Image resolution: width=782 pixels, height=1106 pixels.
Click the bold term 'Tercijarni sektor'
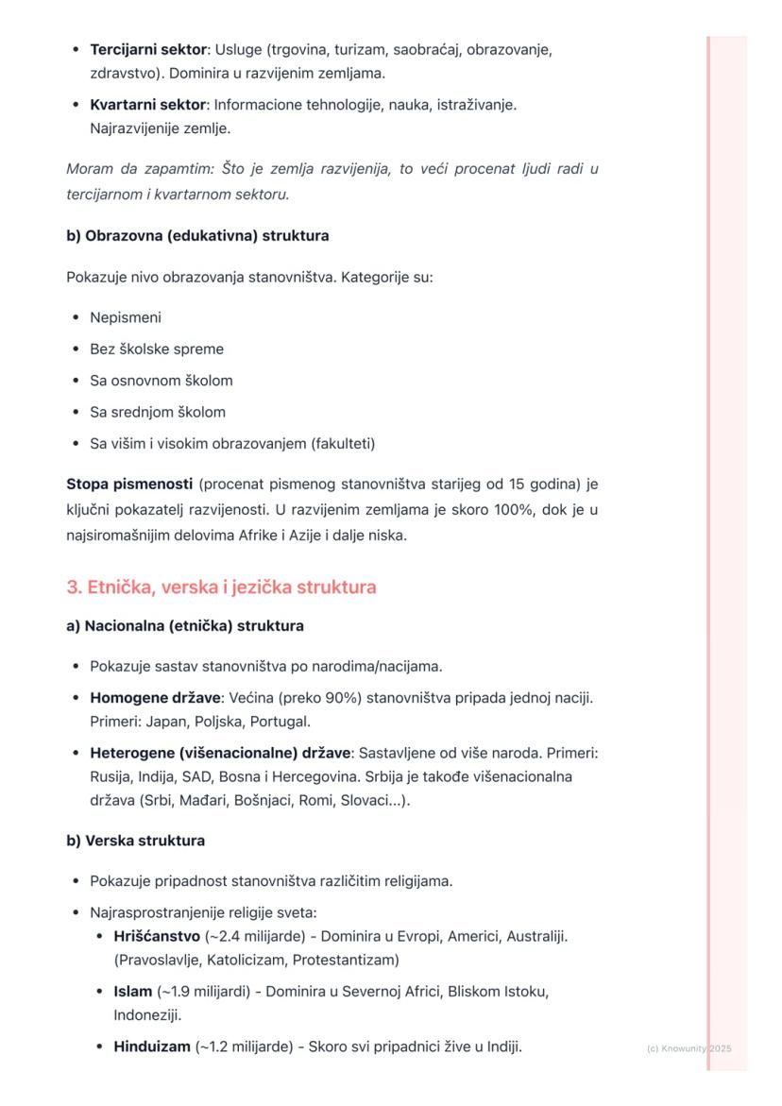pyautogui.click(x=146, y=49)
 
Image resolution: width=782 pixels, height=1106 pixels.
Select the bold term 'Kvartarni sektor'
pyautogui.click(x=147, y=105)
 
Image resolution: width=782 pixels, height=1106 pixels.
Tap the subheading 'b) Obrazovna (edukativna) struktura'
pyautogui.click(x=197, y=235)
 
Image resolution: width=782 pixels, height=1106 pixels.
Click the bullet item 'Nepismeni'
pyautogui.click(x=126, y=317)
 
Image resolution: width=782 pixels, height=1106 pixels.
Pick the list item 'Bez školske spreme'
pyautogui.click(x=157, y=349)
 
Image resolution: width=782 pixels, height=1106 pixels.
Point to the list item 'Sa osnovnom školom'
pyautogui.click(x=161, y=381)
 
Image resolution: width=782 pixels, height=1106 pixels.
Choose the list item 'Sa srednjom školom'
pyautogui.click(x=158, y=412)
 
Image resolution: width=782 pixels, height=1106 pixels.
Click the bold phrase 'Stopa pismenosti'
pyautogui.click(x=128, y=485)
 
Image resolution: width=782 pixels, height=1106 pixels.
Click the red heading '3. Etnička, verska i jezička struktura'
pyautogui.click(x=221, y=587)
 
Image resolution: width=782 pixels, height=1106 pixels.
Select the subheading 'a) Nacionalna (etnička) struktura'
pyautogui.click(x=185, y=626)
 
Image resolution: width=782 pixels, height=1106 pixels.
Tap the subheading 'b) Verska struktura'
pyautogui.click(x=135, y=841)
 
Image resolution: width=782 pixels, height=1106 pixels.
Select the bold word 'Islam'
pyautogui.click(x=133, y=992)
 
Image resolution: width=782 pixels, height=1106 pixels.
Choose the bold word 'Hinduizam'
pyautogui.click(x=152, y=1046)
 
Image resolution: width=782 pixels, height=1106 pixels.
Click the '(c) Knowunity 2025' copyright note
pyautogui.click(x=689, y=1048)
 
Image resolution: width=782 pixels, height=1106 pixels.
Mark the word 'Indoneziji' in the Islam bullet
pyautogui.click(x=147, y=1015)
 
